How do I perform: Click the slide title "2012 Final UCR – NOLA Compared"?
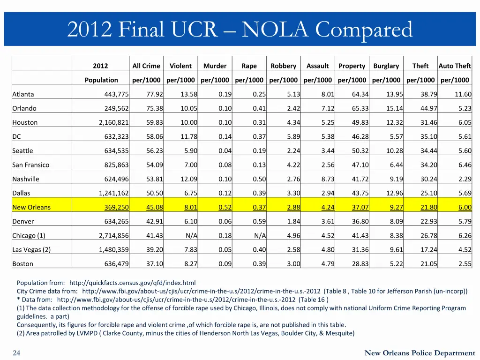pos(240,30)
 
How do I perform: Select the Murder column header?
pos(215,66)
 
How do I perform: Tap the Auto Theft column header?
pos(455,66)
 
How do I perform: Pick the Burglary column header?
pos(386,66)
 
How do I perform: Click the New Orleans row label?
pos(31,207)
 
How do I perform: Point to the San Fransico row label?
pos(31,165)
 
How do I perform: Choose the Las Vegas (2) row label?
pos(31,249)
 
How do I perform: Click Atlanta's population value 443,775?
pos(116,94)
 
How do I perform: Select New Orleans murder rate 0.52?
pos(225,207)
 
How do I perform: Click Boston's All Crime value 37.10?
pos(154,263)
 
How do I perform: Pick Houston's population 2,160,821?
pos(113,122)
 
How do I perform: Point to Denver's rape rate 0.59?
pos(259,221)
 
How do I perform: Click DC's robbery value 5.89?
pos(293,136)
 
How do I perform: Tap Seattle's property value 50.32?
pos(360,150)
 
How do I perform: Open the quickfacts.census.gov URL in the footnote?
pos(132,283)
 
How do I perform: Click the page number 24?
pos(16,353)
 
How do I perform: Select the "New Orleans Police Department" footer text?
pos(420,353)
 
